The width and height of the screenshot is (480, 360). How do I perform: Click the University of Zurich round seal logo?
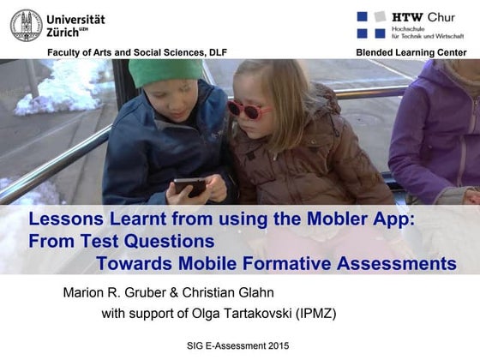26,25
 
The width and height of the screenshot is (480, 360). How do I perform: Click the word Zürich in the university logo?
68,32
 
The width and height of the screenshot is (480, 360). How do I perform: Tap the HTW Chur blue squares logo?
371,24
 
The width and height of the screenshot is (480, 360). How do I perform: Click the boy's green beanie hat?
165,72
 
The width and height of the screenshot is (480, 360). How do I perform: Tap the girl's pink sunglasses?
248,110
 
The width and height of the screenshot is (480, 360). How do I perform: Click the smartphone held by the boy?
189,184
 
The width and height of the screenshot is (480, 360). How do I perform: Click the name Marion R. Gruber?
114,293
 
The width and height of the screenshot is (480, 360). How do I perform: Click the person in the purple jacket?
437,129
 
